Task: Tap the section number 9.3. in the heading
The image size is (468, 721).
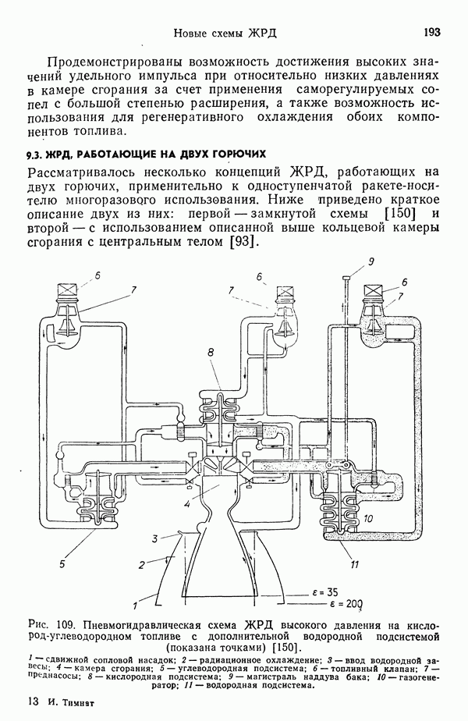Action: (x=37, y=153)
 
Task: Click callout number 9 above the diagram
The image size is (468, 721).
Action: (x=372, y=261)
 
